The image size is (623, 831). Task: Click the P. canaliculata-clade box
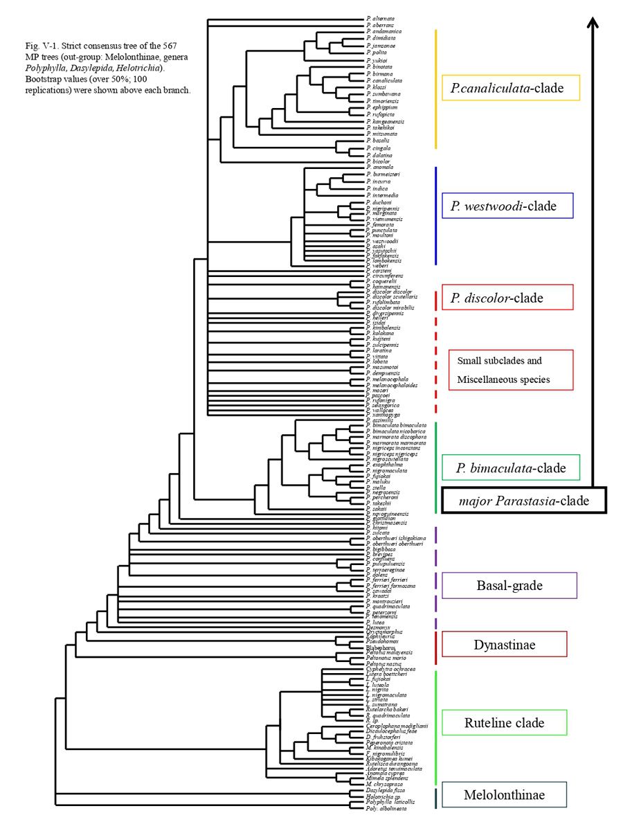(x=510, y=89)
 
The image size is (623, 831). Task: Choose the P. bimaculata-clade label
(x=509, y=467)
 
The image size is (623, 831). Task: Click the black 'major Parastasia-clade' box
(x=524, y=500)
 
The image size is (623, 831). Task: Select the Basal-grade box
(x=509, y=585)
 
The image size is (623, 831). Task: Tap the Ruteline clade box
(x=509, y=723)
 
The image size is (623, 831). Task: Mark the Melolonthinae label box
(x=509, y=796)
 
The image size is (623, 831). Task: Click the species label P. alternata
(x=381, y=19)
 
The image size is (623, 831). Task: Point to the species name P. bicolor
(x=378, y=161)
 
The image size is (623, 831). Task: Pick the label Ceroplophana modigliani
(x=398, y=725)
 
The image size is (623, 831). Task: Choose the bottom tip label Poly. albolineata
(x=386, y=808)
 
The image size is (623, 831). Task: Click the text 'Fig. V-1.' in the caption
(x=37, y=45)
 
